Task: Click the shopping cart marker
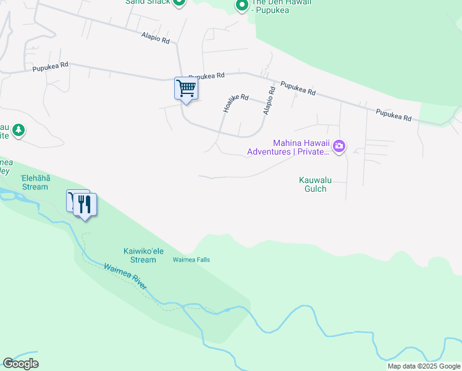pos(185,88)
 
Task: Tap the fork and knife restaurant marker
pos(85,204)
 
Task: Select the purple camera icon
pos(339,147)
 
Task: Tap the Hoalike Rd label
pos(235,103)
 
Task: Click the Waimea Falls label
pos(191,260)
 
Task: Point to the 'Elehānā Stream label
pos(34,182)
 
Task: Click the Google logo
pos(20,364)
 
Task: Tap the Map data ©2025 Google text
pos(424,366)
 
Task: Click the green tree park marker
pos(19,129)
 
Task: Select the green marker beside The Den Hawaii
pos(241,6)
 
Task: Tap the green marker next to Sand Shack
pos(178,2)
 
